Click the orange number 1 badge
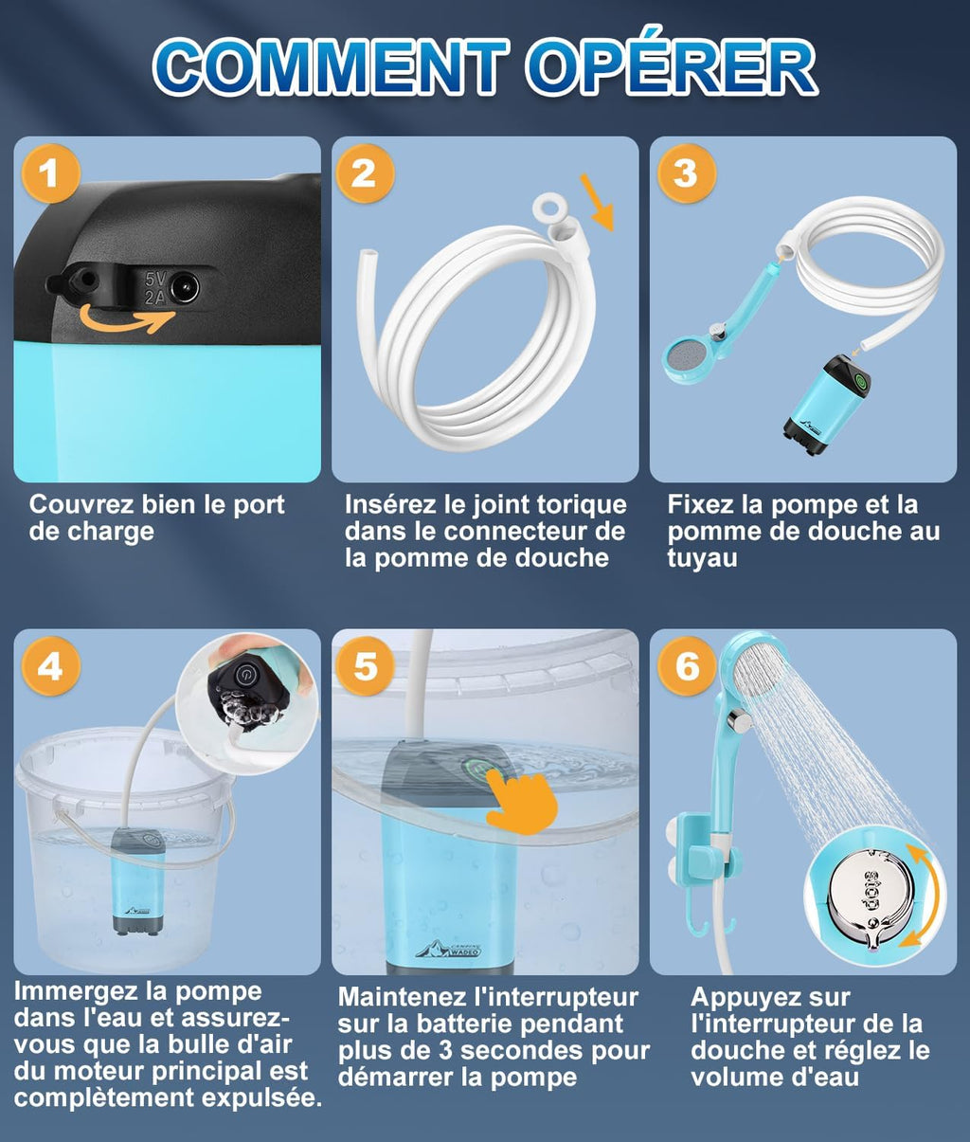(51, 173)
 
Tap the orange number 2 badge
(365, 173)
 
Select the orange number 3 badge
(687, 173)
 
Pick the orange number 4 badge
(51, 666)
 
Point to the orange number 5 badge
(365, 666)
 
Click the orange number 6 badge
(687, 666)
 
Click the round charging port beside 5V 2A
(185, 288)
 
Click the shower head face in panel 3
(683, 359)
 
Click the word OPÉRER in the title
(671, 66)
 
